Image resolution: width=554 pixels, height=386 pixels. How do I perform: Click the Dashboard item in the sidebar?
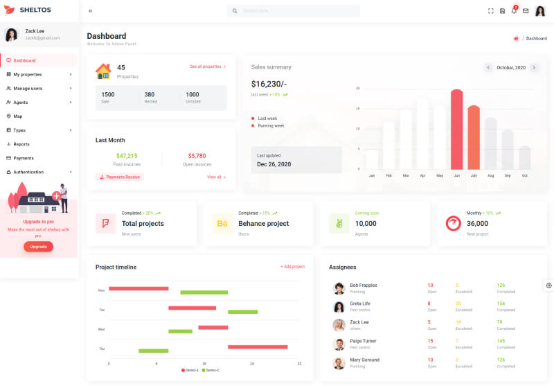pyautogui.click(x=24, y=60)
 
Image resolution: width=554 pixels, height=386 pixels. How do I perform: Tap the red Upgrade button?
pyautogui.click(x=38, y=247)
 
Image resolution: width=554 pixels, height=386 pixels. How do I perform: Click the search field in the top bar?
pyautogui.click(x=294, y=11)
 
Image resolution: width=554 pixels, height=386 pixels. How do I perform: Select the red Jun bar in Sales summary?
pyautogui.click(x=456, y=130)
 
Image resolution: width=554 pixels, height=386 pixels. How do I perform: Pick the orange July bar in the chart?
pyautogui.click(x=474, y=137)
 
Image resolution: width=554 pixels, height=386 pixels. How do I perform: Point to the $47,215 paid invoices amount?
pyautogui.click(x=127, y=156)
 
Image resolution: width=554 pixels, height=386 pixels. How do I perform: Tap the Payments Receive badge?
pyautogui.click(x=120, y=177)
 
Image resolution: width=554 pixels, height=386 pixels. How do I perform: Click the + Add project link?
pyautogui.click(x=292, y=267)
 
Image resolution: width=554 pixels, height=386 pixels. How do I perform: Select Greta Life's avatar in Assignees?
pyautogui.click(x=339, y=306)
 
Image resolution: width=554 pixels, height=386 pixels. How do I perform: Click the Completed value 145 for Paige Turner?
pyautogui.click(x=501, y=341)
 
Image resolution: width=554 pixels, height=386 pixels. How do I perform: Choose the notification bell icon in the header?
pyautogui.click(x=514, y=11)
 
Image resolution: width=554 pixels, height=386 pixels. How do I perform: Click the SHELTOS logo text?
pyautogui.click(x=35, y=10)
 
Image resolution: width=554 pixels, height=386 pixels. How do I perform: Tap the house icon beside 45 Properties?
pyautogui.click(x=103, y=71)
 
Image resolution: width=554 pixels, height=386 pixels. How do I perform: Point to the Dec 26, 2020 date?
pyautogui.click(x=274, y=164)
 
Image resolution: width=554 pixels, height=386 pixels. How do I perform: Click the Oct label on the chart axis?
pyautogui.click(x=525, y=176)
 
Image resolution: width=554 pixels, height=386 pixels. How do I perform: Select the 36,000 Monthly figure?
pyautogui.click(x=477, y=223)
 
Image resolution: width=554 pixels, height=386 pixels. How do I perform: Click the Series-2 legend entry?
pyautogui.click(x=210, y=371)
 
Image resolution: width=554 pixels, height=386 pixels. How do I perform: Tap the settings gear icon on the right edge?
pyautogui.click(x=548, y=285)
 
